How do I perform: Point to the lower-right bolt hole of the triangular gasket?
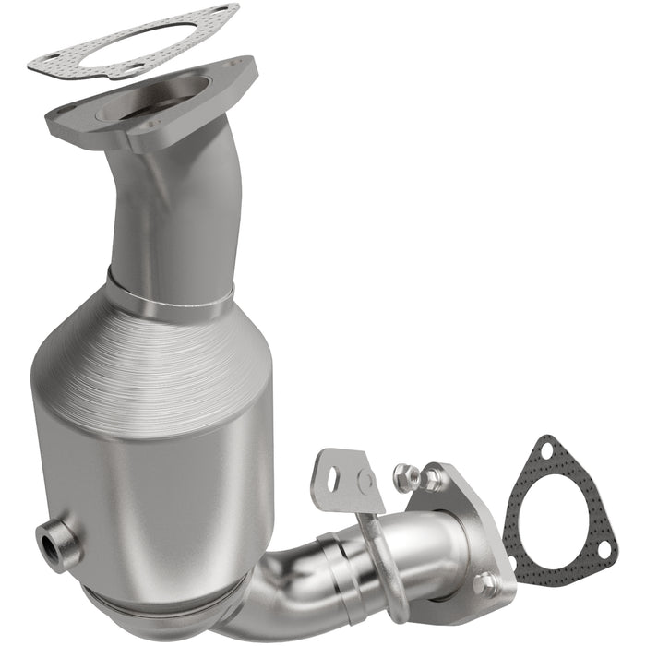click(x=604, y=549)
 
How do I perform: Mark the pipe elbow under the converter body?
click(x=277, y=591)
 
